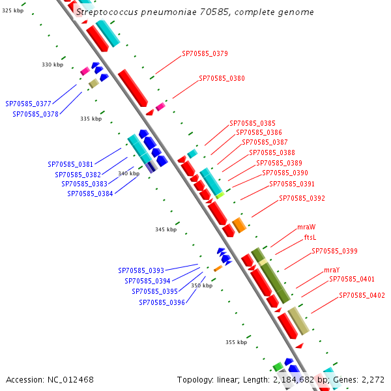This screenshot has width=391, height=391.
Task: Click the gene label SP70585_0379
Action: (205, 53)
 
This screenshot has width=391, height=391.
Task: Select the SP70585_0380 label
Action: (222, 78)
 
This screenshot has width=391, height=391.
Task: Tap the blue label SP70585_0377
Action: (28, 104)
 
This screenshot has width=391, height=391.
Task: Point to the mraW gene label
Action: (306, 227)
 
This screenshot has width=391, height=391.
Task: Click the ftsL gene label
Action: (310, 237)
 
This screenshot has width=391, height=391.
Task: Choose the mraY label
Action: (332, 270)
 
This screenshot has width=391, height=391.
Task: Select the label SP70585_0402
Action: (362, 295)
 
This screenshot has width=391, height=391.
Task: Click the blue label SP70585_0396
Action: (162, 302)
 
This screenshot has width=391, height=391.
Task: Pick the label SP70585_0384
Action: (90, 194)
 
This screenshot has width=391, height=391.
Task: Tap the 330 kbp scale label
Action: (52, 65)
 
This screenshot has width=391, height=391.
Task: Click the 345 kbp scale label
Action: (166, 229)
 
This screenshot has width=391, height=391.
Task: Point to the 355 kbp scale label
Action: (236, 342)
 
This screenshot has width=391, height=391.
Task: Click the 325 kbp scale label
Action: (13, 10)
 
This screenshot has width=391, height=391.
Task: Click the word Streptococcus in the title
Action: (107, 12)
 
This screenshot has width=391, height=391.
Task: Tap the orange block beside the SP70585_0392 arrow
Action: (239, 225)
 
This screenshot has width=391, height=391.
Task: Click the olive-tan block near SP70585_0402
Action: (298, 321)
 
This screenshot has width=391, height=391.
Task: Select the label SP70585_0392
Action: (302, 198)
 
